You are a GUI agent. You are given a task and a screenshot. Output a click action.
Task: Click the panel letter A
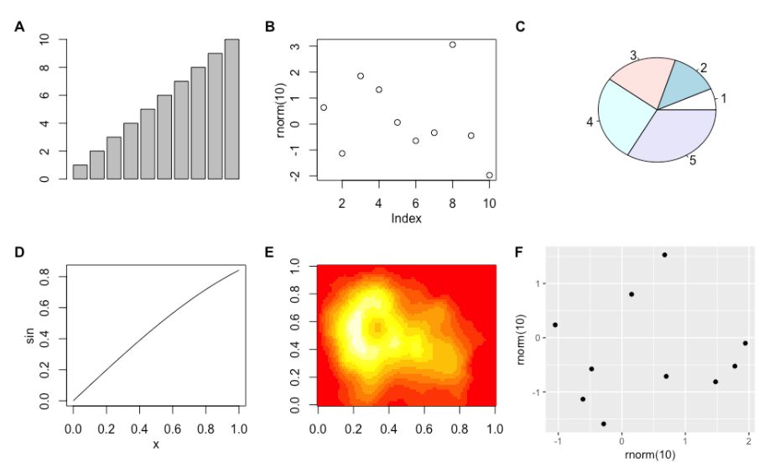pyautogui.click(x=19, y=27)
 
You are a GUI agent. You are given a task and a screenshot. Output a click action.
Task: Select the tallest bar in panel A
pyautogui.click(x=231, y=109)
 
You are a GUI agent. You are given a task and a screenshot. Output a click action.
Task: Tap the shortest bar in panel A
pyautogui.click(x=80, y=171)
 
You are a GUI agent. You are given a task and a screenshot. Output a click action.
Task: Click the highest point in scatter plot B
pyautogui.click(x=452, y=44)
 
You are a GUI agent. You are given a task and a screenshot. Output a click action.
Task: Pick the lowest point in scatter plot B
pyautogui.click(x=489, y=175)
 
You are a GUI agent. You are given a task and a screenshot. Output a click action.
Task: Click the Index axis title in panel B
pyautogui.click(x=406, y=219)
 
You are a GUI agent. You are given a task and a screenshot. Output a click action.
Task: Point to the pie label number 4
pyautogui.click(x=590, y=122)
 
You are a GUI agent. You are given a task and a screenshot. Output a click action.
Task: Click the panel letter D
pyautogui.click(x=19, y=251)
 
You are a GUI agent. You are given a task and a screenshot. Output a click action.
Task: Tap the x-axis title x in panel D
pyautogui.click(x=156, y=444)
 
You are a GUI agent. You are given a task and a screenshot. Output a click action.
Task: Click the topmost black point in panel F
pyautogui.click(x=664, y=255)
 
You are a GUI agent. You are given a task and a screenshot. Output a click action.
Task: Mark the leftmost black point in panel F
pyautogui.click(x=555, y=325)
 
